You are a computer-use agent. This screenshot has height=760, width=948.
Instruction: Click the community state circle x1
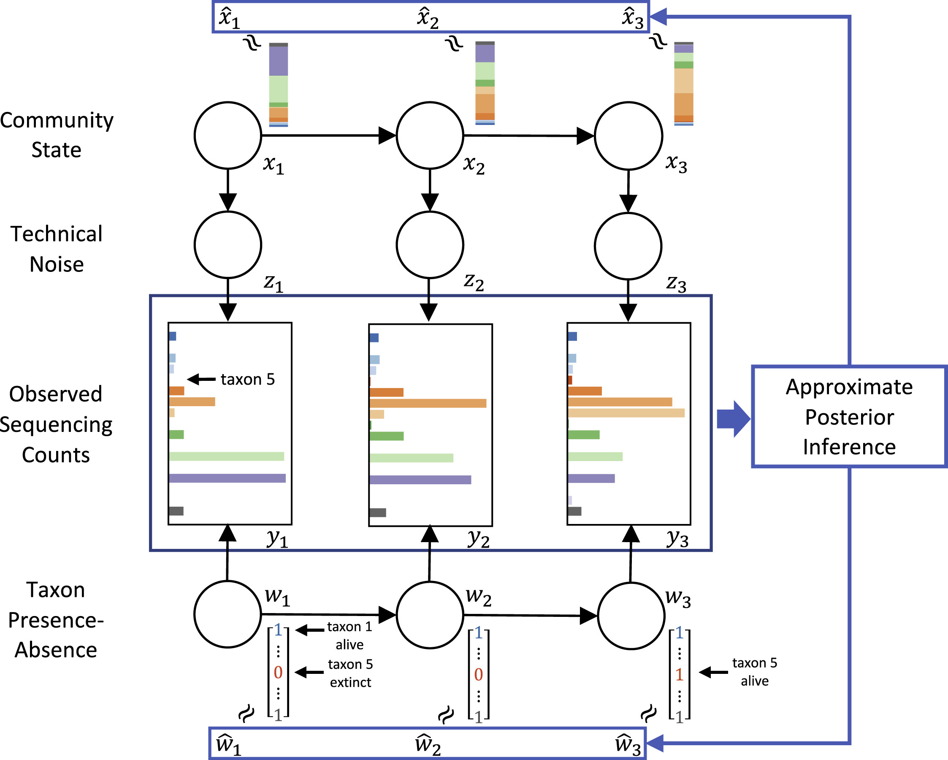point(228,136)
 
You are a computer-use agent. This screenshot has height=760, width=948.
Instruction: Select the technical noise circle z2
point(430,245)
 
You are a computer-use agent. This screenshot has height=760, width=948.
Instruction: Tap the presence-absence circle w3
point(631,616)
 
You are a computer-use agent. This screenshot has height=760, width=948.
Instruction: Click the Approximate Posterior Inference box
point(849,416)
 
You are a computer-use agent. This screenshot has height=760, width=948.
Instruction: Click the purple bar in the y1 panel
point(227,478)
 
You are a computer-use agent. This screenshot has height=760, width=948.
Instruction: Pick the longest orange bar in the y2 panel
point(428,403)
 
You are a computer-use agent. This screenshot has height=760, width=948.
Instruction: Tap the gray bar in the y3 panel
point(574,511)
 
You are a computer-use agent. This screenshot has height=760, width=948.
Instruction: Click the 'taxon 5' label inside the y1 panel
point(248,379)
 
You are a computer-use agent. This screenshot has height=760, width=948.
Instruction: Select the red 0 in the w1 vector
point(278,673)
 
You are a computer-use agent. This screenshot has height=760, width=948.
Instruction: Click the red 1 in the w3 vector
point(679,674)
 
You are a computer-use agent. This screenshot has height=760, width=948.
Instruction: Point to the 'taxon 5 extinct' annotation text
point(350,673)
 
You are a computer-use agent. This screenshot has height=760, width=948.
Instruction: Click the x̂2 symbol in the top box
point(428,18)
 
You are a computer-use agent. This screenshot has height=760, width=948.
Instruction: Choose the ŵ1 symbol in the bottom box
point(228,744)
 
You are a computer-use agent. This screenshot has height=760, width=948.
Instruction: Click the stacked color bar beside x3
point(683,84)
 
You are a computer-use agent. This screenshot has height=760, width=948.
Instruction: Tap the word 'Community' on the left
point(57,120)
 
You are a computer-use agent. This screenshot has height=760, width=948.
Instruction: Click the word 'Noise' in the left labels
point(57,264)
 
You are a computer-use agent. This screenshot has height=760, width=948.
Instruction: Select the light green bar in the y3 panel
point(595,456)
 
